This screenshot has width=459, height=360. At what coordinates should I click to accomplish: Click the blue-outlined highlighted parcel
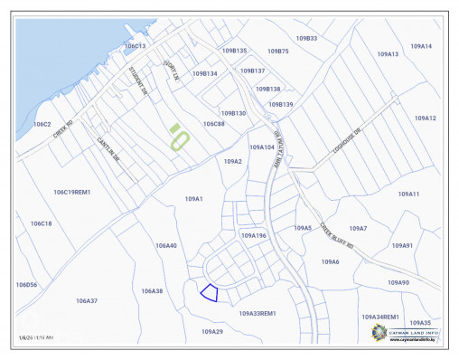coord(209,292)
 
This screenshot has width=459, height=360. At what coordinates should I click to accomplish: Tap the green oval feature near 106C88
coord(180,138)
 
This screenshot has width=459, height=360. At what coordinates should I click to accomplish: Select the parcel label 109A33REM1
coord(257,314)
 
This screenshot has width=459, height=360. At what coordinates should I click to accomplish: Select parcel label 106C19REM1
coord(72,192)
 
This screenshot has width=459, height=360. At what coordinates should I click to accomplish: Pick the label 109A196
coord(254,235)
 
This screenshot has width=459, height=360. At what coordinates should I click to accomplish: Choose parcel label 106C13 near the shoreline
coord(135,45)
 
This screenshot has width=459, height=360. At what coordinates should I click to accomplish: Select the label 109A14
coord(421,45)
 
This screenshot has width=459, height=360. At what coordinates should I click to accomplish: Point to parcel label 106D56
coord(26,284)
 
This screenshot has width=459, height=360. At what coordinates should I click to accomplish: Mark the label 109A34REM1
coord(380,317)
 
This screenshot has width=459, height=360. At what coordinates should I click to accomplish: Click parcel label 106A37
coord(86,300)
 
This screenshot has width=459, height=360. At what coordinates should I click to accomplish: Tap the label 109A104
coord(261,147)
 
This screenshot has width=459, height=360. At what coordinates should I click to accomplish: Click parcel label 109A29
coord(211,332)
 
